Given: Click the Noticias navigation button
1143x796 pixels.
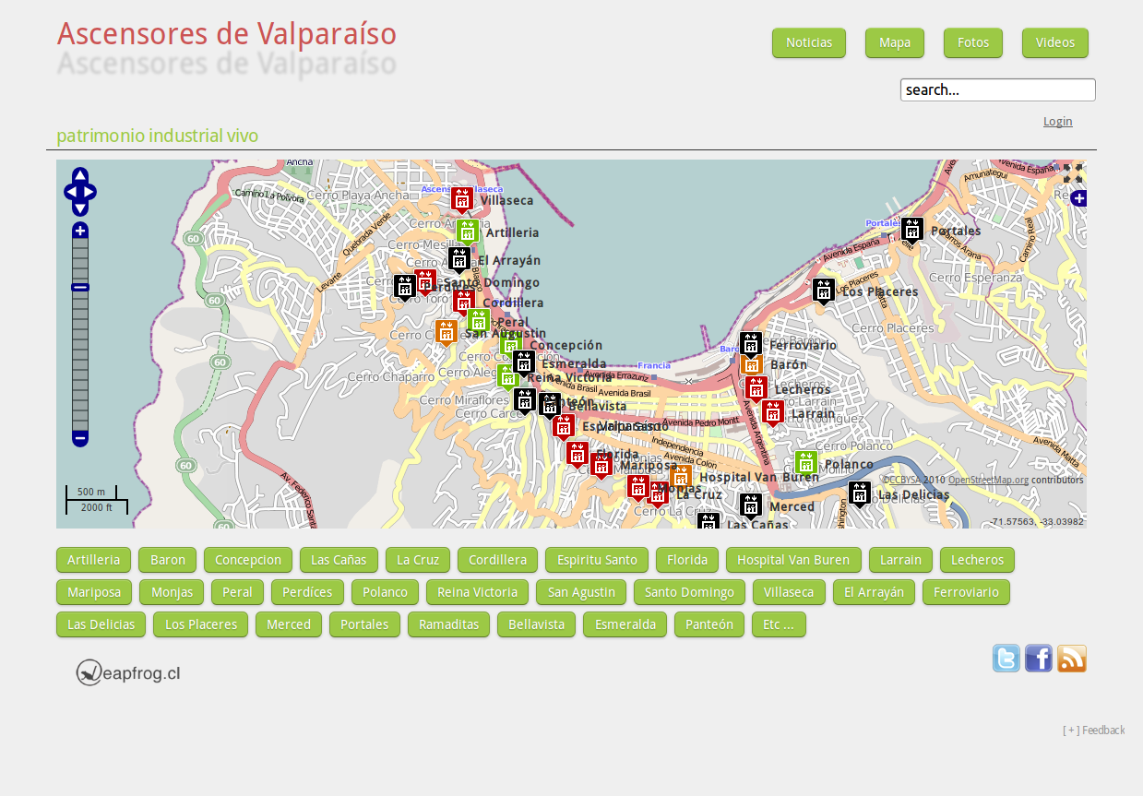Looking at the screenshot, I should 808,42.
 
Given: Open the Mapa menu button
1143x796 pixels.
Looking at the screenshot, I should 895,42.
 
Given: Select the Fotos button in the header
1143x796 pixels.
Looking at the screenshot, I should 972,42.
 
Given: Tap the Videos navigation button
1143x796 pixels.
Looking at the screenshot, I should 1054,42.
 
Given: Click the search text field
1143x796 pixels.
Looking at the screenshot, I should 997,89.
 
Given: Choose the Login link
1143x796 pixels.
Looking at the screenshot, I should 1057,122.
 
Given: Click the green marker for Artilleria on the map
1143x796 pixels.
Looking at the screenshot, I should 467,232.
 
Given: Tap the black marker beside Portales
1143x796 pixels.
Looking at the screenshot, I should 911,229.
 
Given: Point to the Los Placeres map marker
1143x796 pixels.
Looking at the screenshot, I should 823,290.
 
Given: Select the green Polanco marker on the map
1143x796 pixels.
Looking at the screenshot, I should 805,462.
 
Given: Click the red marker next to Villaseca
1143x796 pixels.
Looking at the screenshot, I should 461,198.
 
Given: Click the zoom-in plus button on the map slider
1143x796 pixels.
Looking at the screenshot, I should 80,231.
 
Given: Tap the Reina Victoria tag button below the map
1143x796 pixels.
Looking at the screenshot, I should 477,592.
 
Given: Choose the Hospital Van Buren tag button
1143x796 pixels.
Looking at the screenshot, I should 792,560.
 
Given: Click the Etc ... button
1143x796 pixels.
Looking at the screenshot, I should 778,624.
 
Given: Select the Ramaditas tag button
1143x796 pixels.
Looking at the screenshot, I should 447,624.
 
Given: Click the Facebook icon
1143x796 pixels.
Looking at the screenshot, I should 1038,659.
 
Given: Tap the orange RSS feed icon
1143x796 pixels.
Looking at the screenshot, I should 1071,659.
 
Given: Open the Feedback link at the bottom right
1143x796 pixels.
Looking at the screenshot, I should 1094,731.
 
